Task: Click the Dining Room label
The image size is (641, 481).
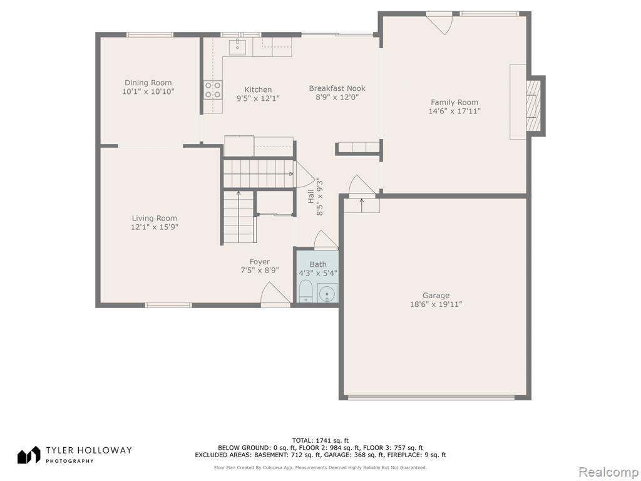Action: (148, 83)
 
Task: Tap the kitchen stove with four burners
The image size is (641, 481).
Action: (213, 90)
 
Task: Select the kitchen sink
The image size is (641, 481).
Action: (237, 46)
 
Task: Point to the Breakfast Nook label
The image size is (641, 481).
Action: (337, 88)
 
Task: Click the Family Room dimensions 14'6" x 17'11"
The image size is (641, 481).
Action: (454, 111)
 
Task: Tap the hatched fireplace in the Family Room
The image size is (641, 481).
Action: (533, 106)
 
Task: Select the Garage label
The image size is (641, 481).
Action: (436, 296)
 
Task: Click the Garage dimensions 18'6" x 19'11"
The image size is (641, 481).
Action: (436, 304)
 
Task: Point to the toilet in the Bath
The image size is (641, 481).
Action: (305, 291)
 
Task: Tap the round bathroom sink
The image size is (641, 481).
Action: (327, 293)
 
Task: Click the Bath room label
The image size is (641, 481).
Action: (318, 264)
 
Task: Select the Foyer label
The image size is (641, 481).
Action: (260, 262)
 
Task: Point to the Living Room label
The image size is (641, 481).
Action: (155, 219)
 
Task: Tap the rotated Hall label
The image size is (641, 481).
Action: (311, 196)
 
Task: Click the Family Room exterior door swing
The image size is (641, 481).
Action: (439, 23)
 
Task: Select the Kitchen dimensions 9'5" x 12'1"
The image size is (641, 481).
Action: (258, 98)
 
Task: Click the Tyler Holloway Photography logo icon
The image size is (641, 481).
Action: (29, 455)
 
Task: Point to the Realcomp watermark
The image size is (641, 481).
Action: (608, 472)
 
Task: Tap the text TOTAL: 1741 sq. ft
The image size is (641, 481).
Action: (320, 440)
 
